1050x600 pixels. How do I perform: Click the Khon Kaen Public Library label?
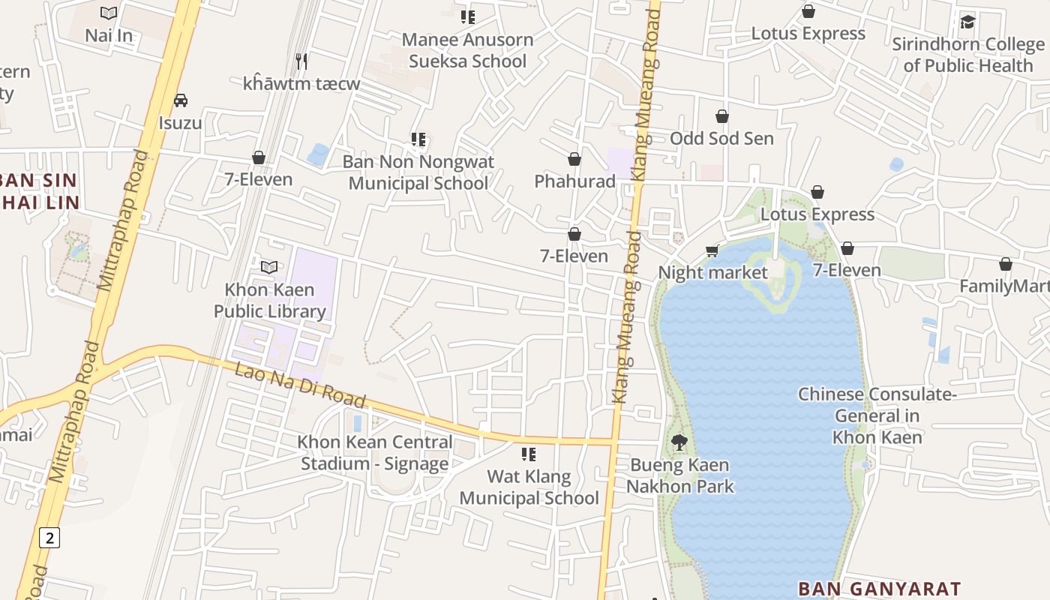click(x=269, y=300)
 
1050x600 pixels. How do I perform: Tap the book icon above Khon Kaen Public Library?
click(x=269, y=267)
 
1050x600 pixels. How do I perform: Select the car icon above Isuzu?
click(x=180, y=100)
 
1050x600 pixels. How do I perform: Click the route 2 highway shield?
click(x=49, y=537)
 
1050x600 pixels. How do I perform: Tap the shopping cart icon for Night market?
click(x=712, y=250)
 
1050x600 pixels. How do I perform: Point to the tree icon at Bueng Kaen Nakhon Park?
click(x=679, y=442)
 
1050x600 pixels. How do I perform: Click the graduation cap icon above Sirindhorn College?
click(x=967, y=22)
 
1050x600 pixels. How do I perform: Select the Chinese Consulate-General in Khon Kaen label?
click(x=877, y=415)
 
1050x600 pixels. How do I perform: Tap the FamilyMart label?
click(x=1004, y=286)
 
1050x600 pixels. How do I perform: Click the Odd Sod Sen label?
click(x=721, y=138)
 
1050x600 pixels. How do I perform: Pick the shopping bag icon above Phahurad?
click(x=574, y=159)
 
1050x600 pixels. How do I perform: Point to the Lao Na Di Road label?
click(x=300, y=385)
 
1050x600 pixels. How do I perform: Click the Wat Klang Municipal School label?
click(x=529, y=487)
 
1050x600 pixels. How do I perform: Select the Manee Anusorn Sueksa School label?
click(x=468, y=50)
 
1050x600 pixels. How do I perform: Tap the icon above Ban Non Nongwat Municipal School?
click(x=418, y=139)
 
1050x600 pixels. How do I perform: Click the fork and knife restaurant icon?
click(x=301, y=61)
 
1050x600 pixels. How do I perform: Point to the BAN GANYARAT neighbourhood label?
click(x=879, y=589)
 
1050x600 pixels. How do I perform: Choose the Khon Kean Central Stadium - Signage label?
click(x=375, y=453)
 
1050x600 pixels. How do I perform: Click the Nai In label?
click(x=109, y=35)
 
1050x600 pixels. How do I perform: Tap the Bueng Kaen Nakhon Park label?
click(x=679, y=475)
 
